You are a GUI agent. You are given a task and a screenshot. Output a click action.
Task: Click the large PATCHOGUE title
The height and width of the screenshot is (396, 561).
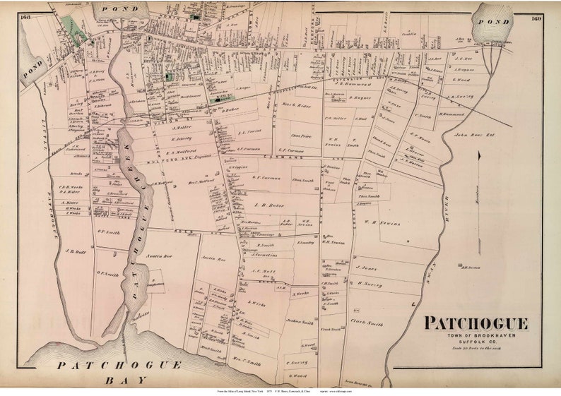point(476,323)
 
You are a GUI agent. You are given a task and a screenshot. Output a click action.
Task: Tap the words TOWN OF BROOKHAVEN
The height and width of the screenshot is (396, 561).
point(476,335)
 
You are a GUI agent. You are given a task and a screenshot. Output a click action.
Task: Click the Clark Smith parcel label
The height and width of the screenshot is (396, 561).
point(366,323)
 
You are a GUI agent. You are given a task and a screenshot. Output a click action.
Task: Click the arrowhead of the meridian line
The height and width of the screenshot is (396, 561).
point(480,155)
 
